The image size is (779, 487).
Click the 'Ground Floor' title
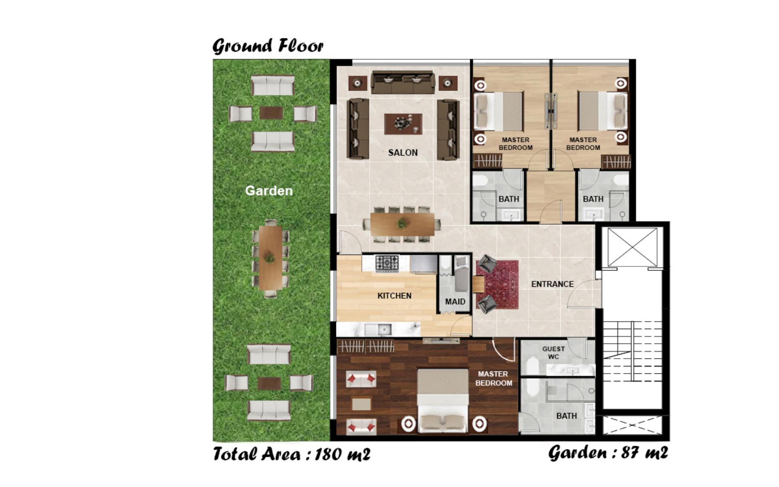coord(268,45)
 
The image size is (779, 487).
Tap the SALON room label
coord(403,153)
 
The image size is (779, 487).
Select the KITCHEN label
coord(394,296)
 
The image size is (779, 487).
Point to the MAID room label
coord(455,302)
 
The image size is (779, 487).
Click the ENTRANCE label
coord(552,284)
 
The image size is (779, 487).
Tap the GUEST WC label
coord(553,353)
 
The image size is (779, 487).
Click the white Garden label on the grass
coord(269,191)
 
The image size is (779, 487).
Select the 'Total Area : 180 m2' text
coord(291,454)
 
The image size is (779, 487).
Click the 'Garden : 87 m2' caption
coord(608,453)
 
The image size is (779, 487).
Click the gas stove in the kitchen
coord(387,263)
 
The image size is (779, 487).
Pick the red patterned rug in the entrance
coord(497,284)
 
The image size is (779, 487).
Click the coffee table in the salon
coord(403,124)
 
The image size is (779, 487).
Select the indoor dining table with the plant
coord(402,224)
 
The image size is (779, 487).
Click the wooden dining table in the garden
coord(270,258)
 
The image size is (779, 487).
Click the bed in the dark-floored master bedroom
coord(443,400)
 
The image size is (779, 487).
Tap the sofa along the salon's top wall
coord(403,82)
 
